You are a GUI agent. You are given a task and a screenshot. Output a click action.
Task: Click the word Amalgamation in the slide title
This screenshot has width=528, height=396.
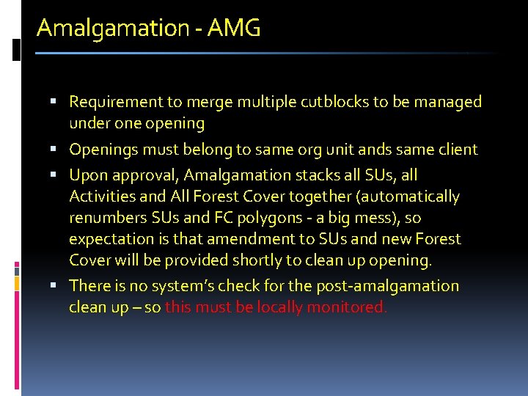(113, 29)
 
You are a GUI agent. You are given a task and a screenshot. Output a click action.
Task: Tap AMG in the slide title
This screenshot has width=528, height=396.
(234, 29)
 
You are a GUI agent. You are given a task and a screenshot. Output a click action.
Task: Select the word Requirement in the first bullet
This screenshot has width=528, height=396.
(116, 102)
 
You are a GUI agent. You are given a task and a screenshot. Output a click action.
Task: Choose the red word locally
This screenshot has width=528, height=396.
(276, 307)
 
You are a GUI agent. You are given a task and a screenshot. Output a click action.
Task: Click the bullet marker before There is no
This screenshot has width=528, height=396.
(59, 286)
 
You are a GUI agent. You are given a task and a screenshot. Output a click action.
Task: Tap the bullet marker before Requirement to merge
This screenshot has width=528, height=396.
(59, 102)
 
